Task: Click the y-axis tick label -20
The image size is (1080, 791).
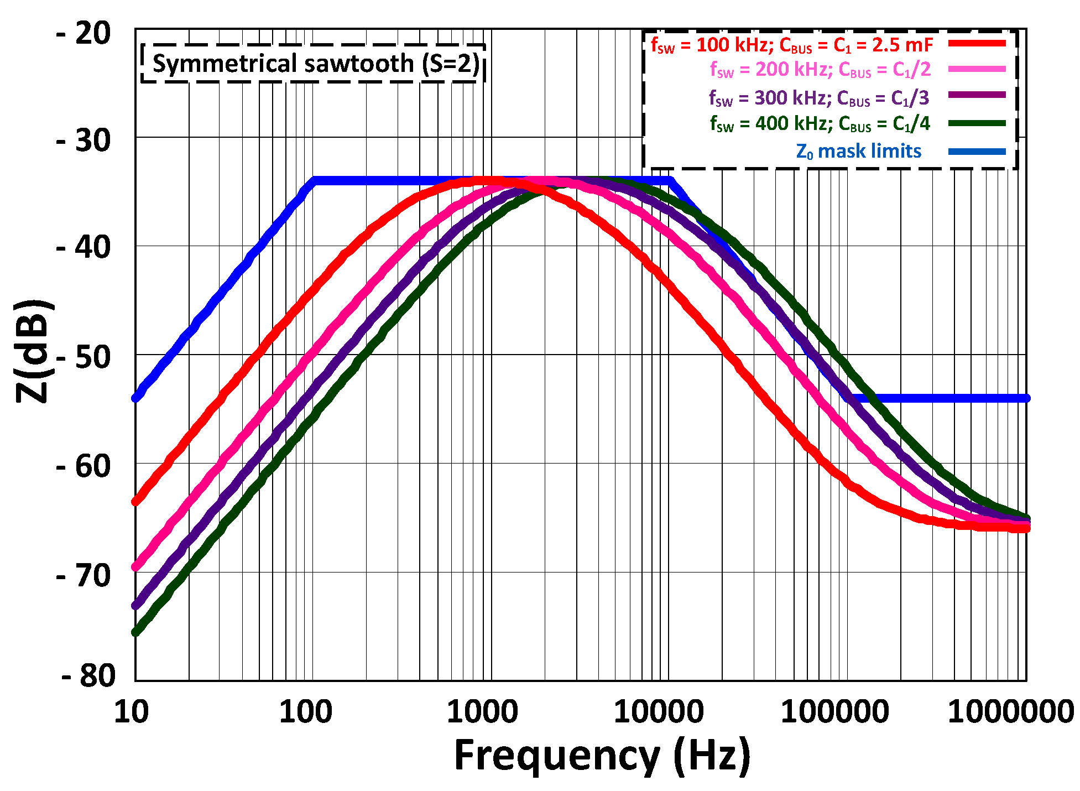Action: pos(84,34)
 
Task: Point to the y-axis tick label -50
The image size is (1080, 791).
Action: pos(84,357)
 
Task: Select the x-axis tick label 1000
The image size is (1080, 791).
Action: pos(482,712)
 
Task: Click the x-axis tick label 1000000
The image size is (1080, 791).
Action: pos(1010,712)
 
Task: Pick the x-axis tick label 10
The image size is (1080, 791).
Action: pos(131,712)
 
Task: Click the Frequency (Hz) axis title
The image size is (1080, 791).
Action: pos(602,756)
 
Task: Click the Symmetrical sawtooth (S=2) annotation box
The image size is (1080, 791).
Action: pos(314,64)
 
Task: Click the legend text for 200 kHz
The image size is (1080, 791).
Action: pos(820,70)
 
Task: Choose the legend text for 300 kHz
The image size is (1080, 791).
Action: pos(818,98)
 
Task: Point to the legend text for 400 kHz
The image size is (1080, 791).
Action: pos(820,124)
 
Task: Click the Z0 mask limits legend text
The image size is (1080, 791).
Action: pos(858,152)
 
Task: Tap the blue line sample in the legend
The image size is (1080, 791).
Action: pos(977,152)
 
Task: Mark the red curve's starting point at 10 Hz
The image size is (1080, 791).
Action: pos(135,502)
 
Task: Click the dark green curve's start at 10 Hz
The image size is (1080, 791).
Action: pos(135,632)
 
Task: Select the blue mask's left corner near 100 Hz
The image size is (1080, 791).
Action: pos(314,180)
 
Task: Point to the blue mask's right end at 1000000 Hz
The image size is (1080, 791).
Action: pos(1026,398)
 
